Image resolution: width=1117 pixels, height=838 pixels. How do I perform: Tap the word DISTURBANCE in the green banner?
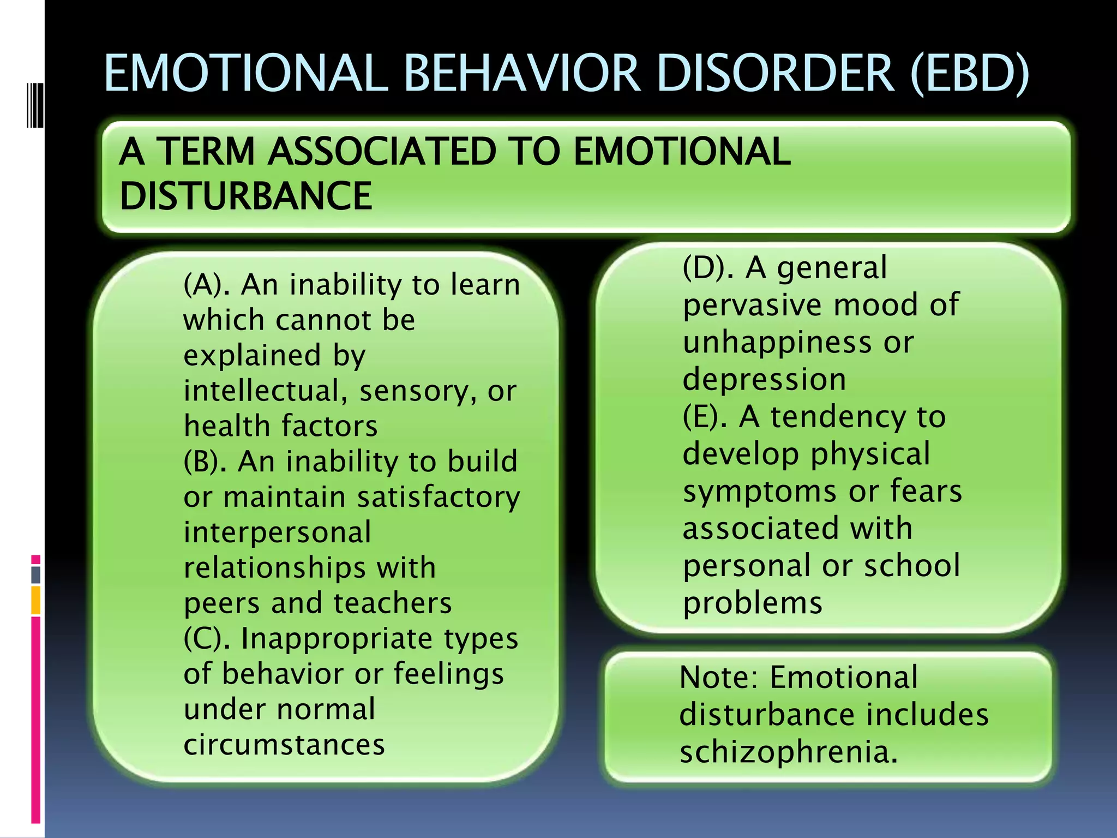point(246,196)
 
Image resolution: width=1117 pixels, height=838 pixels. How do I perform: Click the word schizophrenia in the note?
point(788,752)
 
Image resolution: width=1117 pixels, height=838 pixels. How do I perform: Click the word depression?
point(764,379)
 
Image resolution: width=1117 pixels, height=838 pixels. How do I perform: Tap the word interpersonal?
point(278,532)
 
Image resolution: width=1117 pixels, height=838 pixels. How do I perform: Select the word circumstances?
point(284,745)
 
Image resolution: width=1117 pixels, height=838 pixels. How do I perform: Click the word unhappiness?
point(777,343)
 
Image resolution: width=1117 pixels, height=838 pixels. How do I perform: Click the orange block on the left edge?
point(36,600)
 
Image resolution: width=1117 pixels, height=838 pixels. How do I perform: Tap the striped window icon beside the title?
point(35,104)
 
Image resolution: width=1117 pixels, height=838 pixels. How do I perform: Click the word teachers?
point(393,603)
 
